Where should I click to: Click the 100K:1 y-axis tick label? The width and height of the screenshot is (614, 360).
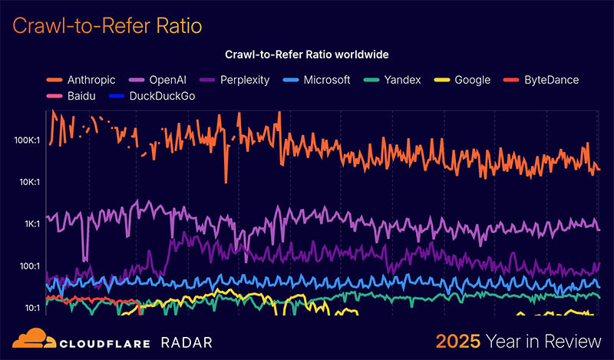(28, 140)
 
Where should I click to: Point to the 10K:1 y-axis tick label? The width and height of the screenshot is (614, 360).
(30, 182)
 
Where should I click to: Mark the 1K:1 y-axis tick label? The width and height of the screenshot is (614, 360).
(33, 224)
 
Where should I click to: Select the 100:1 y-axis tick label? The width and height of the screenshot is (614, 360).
(31, 266)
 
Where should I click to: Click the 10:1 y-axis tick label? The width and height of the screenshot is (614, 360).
(32, 308)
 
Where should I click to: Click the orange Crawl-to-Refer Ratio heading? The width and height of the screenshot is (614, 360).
(107, 26)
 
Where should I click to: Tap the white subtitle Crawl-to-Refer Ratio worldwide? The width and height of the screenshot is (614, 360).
(306, 55)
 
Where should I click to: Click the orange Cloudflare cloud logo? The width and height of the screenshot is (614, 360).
(31, 339)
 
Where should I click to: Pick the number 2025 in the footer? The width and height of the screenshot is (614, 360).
(458, 341)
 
